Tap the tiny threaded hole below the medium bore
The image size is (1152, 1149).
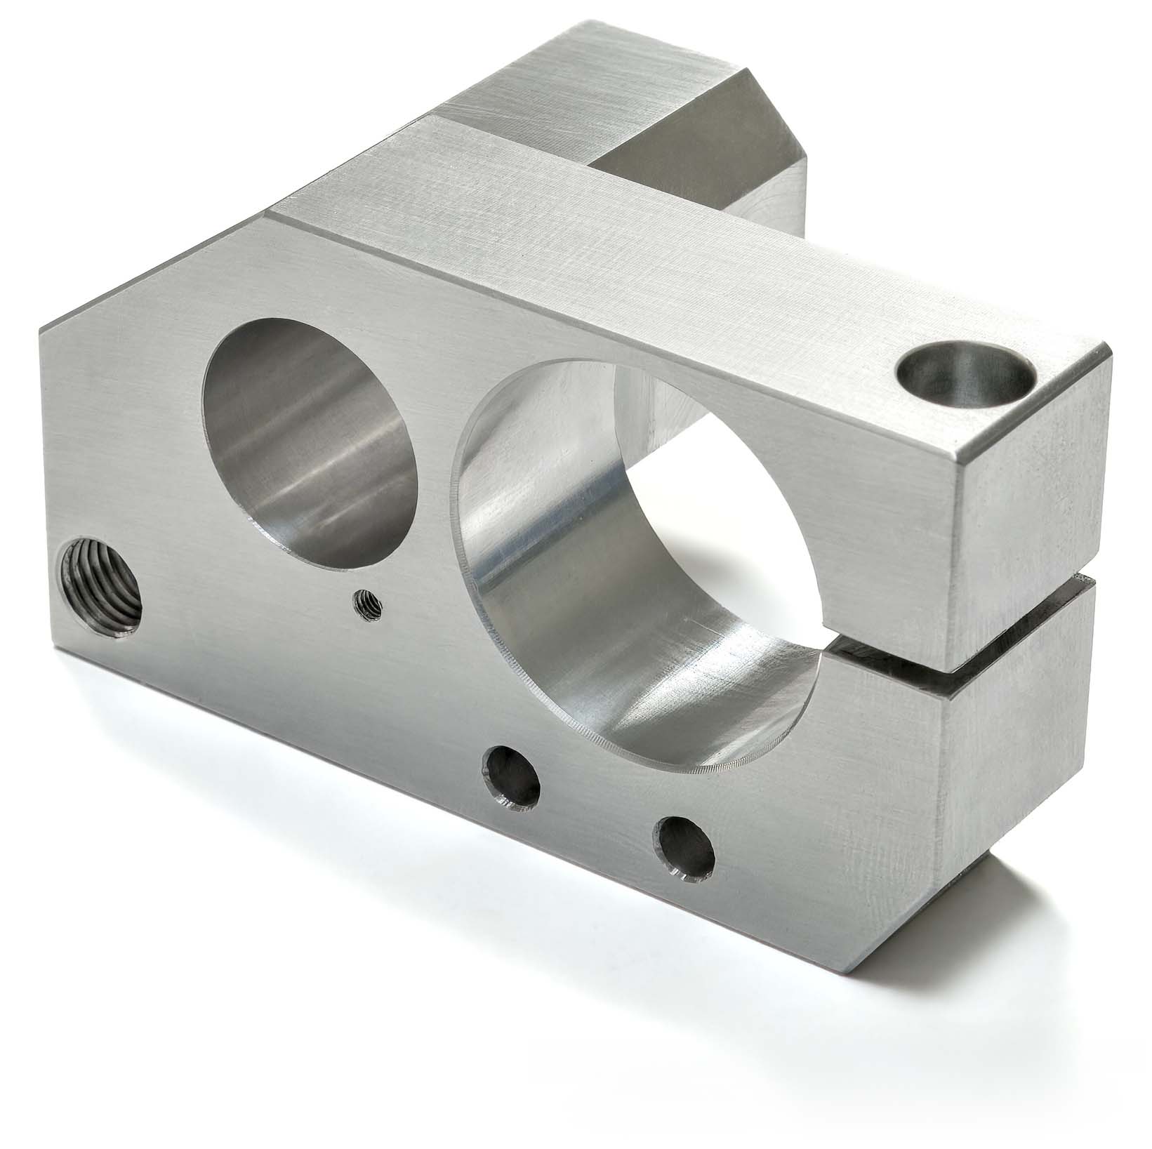[366, 604]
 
